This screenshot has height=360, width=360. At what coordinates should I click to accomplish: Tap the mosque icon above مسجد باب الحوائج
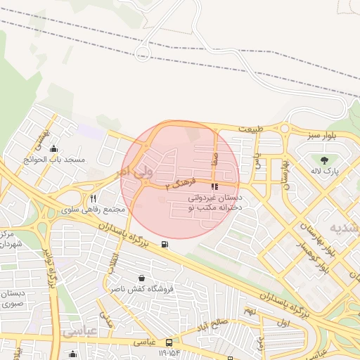pyautogui.click(x=54, y=148)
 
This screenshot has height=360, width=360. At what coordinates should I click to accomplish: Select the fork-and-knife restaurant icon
pyautogui.click(x=94, y=199)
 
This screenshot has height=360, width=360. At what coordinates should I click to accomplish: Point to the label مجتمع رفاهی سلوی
pyautogui.click(x=94, y=210)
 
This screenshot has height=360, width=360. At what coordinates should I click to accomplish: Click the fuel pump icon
pyautogui.click(x=165, y=245)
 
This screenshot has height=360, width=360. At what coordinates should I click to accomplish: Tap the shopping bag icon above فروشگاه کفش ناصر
pyautogui.click(x=143, y=278)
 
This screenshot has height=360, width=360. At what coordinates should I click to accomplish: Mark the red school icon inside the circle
pyautogui.click(x=214, y=187)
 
